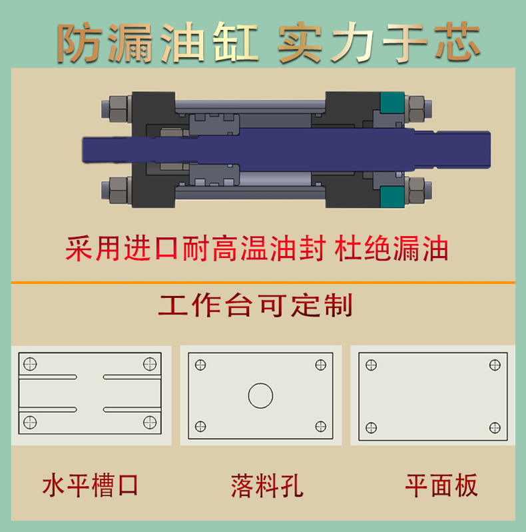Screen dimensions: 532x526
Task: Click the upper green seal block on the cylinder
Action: click(392, 101)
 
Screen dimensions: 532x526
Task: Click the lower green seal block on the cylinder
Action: click(392, 196)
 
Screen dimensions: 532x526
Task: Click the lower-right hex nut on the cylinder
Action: click(417, 191)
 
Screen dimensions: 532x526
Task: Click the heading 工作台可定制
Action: click(256, 305)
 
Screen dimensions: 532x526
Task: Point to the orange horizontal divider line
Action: click(263, 283)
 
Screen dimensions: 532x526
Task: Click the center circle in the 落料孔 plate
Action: click(260, 395)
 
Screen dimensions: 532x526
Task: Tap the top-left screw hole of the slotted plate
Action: click(30, 364)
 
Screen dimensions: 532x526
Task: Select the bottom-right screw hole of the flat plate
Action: click(495, 427)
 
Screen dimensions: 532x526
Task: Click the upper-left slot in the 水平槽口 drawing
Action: click(48, 377)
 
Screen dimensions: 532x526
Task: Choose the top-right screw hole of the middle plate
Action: click(320, 365)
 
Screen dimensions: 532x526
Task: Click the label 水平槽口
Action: click(91, 485)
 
